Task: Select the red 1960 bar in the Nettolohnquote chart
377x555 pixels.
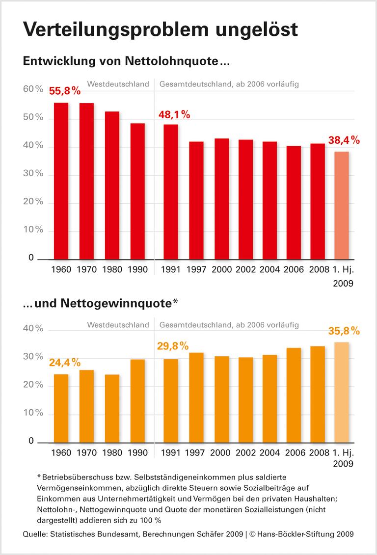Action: (60, 182)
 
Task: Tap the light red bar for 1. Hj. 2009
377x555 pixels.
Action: (341, 206)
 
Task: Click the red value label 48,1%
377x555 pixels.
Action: (174, 115)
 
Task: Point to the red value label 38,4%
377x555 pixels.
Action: (344, 140)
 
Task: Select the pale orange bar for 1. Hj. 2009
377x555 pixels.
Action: (341, 392)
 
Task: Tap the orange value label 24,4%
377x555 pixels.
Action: (64, 363)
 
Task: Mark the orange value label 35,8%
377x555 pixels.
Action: (344, 331)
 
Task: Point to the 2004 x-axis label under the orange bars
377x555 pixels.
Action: (270, 453)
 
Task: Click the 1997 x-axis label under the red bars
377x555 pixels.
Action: (196, 269)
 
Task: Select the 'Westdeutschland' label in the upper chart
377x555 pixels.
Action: (118, 84)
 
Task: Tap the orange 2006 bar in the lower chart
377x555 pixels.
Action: (294, 395)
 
